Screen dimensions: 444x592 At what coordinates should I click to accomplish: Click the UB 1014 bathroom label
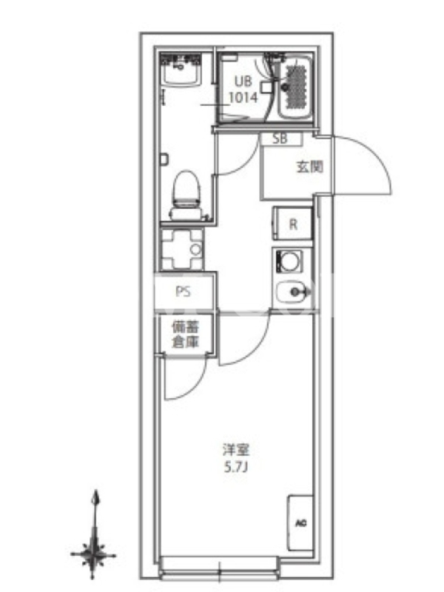(243, 90)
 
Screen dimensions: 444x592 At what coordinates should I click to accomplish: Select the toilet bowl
(186, 195)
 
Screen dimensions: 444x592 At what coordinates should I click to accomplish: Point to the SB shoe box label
(280, 139)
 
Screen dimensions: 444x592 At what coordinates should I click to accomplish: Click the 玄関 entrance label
(309, 166)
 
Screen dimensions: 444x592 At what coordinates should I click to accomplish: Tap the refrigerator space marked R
(293, 223)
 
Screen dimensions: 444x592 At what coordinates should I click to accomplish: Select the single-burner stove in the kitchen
(289, 262)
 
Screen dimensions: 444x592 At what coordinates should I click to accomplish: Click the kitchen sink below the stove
(293, 292)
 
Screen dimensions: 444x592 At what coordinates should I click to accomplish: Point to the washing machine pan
(181, 249)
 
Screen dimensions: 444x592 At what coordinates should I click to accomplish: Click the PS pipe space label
(183, 292)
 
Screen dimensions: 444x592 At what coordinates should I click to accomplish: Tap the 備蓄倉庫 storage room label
(186, 334)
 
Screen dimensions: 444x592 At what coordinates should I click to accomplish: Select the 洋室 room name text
(235, 450)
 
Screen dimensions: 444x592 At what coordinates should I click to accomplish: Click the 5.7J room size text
(235, 468)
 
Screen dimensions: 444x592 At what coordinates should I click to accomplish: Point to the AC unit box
(300, 523)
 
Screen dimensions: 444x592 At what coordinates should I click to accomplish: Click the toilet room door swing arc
(246, 161)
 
